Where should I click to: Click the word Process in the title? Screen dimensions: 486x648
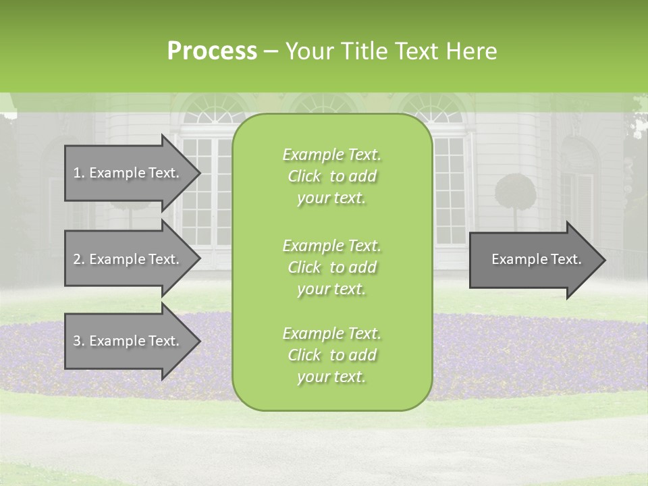pyautogui.click(x=212, y=51)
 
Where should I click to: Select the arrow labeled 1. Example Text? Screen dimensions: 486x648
pyautogui.click(x=128, y=173)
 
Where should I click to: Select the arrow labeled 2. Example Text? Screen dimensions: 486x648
pyautogui.click(x=128, y=259)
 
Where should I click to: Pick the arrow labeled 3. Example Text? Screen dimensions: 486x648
pyautogui.click(x=128, y=341)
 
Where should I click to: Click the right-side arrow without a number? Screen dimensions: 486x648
pyautogui.click(x=533, y=259)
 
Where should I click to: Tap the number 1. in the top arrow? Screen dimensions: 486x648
pyautogui.click(x=78, y=173)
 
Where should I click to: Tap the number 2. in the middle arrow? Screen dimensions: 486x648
pyautogui.click(x=78, y=259)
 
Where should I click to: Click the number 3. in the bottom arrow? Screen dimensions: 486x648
pyautogui.click(x=78, y=341)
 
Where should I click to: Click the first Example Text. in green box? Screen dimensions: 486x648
pyautogui.click(x=331, y=155)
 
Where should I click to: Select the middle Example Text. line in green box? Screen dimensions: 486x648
pyautogui.click(x=331, y=246)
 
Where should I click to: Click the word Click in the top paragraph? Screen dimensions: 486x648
pyautogui.click(x=304, y=177)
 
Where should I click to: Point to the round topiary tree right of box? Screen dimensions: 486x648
pyautogui.click(x=515, y=192)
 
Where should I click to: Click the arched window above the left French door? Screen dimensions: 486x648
pyautogui.click(x=213, y=112)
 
